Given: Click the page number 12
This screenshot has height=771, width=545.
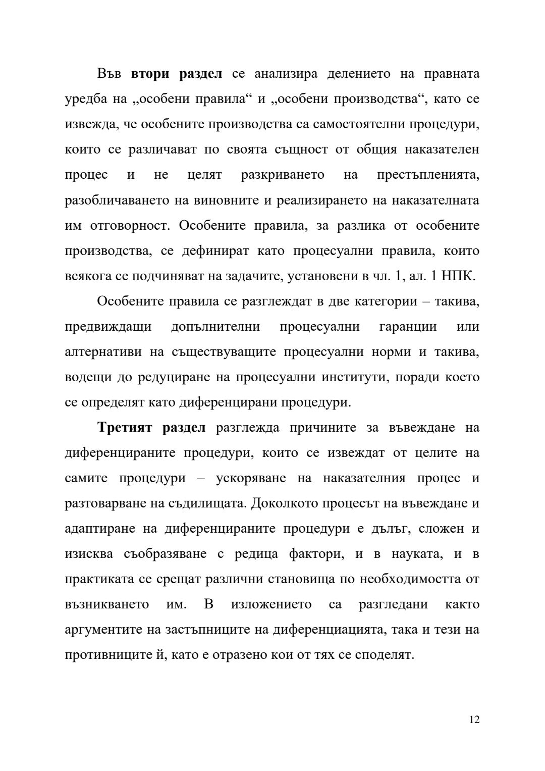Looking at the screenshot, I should coord(474,719).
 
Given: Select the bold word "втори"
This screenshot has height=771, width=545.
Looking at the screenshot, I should coord(150,74).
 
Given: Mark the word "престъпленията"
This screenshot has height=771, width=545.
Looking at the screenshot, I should coord(428,175).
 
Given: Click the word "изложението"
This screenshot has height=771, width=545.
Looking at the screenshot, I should coord(271,604).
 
